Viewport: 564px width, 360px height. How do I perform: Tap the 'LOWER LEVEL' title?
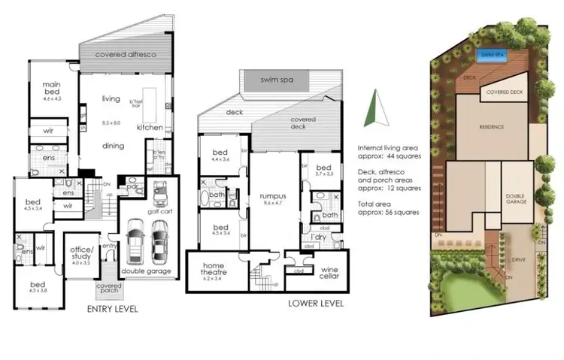(316, 304)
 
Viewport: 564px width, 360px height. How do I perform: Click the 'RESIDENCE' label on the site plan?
(492, 127)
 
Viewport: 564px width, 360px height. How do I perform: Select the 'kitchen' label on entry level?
(150, 128)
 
